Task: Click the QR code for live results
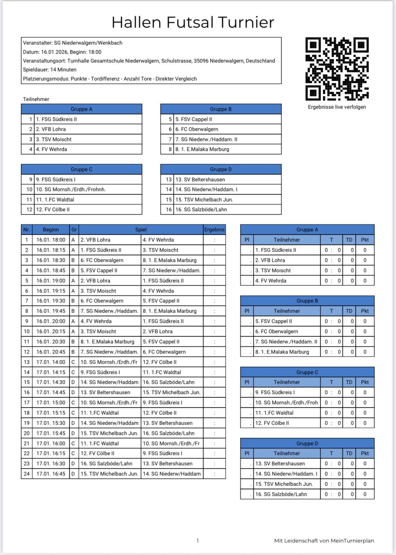tap(337, 69)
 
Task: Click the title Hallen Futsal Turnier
tap(193, 22)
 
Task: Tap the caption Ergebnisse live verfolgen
tap(337, 107)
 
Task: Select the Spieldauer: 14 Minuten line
tap(50, 70)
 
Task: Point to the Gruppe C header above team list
tap(81, 169)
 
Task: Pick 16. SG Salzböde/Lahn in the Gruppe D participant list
tap(201, 209)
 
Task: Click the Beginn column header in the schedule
tap(51, 229)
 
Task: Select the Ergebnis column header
tap(214, 229)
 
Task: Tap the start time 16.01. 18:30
tap(51, 260)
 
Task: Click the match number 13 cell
tap(26, 362)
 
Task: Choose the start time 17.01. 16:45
tap(51, 474)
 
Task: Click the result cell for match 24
tap(214, 474)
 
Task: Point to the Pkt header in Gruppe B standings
tap(365, 311)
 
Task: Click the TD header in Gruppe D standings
tap(349, 453)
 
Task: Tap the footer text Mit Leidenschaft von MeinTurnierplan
tap(324, 541)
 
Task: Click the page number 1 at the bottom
tap(197, 541)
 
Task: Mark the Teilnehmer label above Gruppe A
tap(36, 99)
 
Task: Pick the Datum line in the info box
tap(62, 52)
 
